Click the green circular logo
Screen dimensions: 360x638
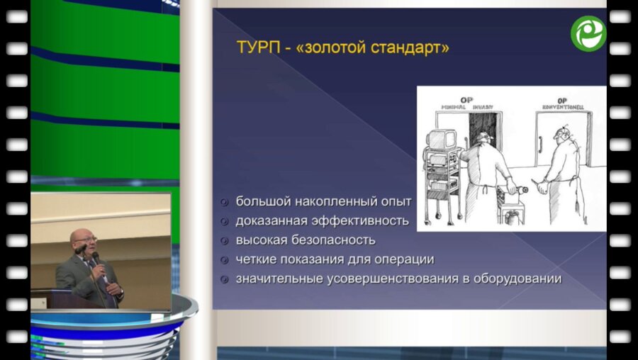pos(588,33)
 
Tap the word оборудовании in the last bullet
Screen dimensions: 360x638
pos(517,279)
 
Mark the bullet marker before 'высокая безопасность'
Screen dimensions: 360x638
pos(224,240)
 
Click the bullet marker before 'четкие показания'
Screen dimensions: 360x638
pos(224,259)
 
